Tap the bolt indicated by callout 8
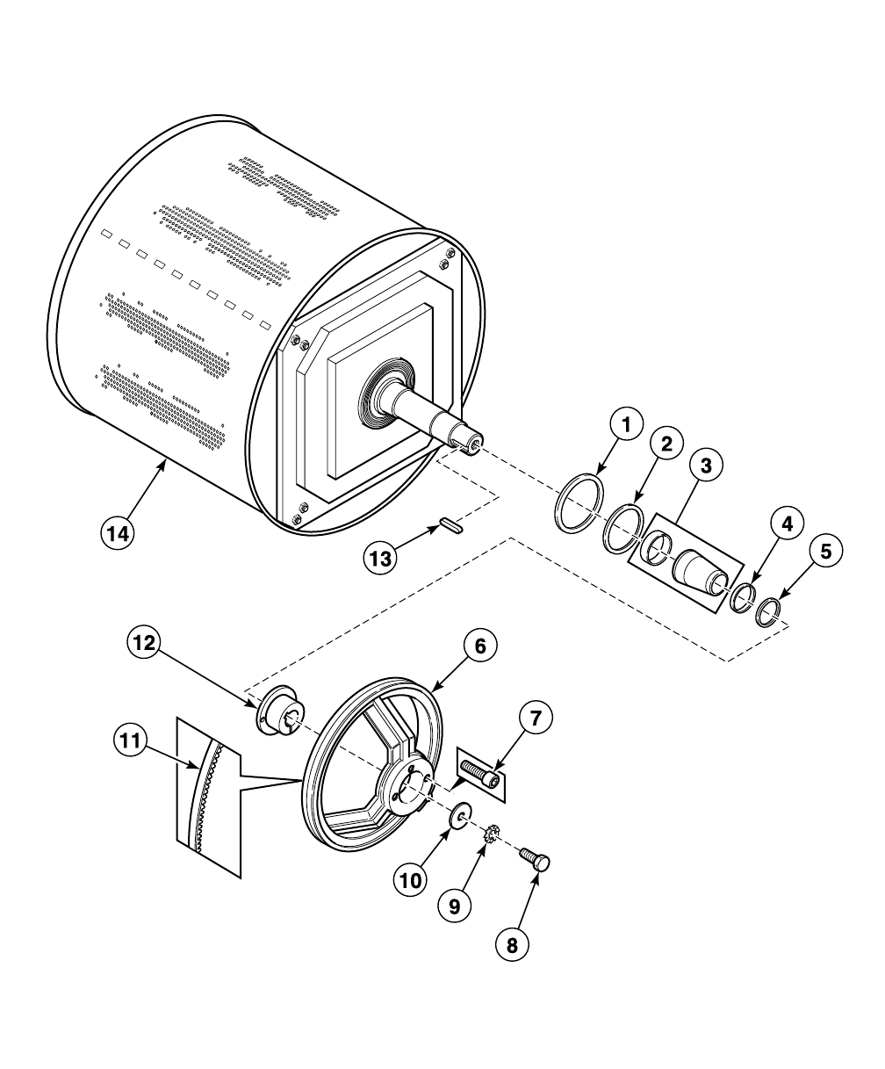[x=534, y=857]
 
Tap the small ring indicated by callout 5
[x=769, y=610]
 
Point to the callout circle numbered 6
[x=478, y=646]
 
